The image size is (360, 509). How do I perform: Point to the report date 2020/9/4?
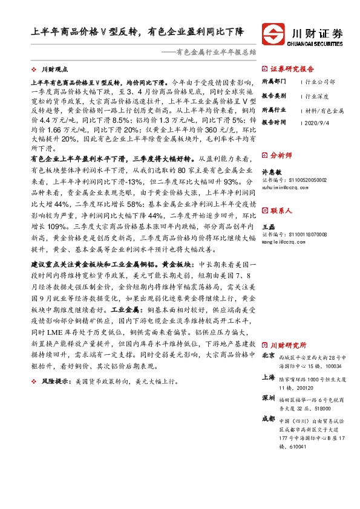coord(318,122)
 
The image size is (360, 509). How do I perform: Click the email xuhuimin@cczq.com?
coord(285,188)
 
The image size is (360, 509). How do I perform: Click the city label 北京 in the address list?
coord(268,357)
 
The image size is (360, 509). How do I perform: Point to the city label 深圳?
coord(268,399)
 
